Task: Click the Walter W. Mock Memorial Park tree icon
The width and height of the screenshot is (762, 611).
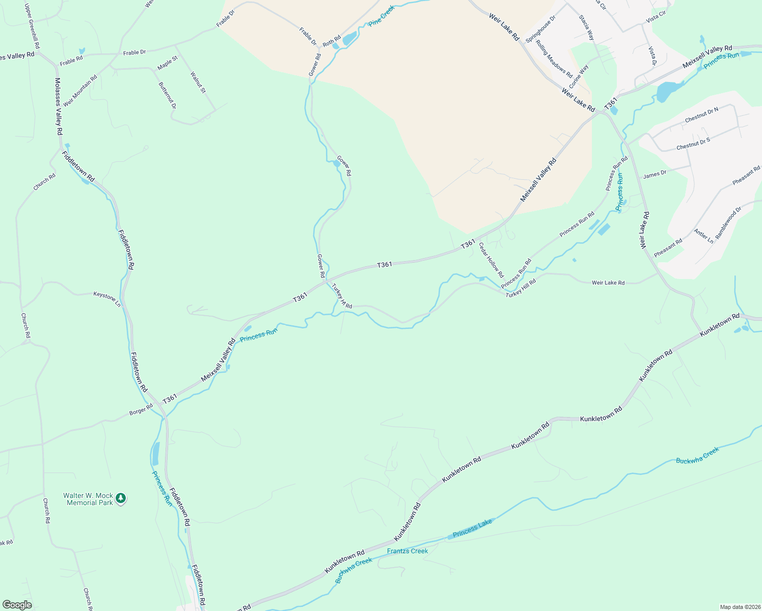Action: click(x=120, y=498)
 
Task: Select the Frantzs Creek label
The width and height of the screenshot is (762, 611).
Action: click(x=407, y=551)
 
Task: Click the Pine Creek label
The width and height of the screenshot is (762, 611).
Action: click(x=382, y=16)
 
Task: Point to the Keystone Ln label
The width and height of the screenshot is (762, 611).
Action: click(x=107, y=299)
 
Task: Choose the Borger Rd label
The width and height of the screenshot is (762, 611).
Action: click(x=141, y=409)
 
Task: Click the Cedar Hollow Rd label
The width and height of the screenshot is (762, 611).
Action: click(x=491, y=260)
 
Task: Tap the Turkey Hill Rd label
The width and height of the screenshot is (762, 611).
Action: click(x=521, y=288)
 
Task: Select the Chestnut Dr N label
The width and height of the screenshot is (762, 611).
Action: click(x=701, y=115)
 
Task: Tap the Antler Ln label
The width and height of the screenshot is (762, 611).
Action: click(x=704, y=236)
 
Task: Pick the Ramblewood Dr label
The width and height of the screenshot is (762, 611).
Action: click(x=728, y=223)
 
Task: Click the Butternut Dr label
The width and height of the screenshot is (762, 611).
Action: click(x=167, y=95)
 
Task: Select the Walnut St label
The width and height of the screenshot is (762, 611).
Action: click(x=198, y=82)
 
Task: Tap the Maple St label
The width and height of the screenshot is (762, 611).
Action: click(x=168, y=63)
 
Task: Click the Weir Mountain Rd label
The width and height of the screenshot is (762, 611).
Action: click(x=80, y=91)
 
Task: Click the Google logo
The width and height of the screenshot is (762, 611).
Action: click(x=17, y=605)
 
